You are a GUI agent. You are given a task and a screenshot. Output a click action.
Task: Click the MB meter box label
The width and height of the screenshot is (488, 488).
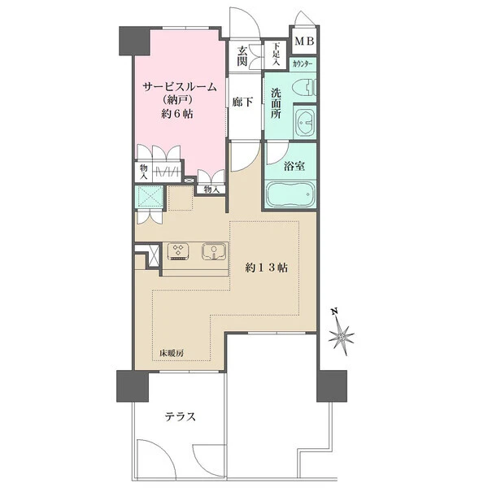pos(304,41)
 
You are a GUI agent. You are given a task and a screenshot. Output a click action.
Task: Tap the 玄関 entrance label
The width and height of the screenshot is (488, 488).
pos(242,56)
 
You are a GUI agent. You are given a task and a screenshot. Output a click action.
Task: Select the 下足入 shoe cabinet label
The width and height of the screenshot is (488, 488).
pos(276,54)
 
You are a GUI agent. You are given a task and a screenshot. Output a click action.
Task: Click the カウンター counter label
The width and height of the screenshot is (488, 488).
pos(303,64)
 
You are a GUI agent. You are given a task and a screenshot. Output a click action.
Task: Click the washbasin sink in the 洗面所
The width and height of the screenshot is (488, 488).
pos(305,122)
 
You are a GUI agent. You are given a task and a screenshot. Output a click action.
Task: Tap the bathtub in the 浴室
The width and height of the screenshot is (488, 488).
pos(290,194)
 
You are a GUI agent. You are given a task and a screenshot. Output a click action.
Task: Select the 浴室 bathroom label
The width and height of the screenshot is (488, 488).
pos(294,166)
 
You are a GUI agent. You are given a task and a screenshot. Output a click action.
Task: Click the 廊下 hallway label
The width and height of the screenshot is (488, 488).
pos(242,102)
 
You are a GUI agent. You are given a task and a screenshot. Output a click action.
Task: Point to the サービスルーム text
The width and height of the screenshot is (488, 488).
pos(180,87)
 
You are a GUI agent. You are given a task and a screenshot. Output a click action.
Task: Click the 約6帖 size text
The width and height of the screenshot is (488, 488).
pos(176,114)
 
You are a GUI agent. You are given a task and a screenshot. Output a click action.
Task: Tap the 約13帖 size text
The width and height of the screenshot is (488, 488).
pos(266,268)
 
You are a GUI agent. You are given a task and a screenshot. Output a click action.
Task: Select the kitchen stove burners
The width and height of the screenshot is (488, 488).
pos(178,251)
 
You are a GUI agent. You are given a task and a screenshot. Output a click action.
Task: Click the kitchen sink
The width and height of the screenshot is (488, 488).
pos(214,251)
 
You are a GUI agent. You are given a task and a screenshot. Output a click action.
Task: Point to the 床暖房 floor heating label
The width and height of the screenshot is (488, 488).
pos(172,354)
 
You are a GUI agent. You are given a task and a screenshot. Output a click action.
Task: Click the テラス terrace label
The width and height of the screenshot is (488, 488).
pos(181,416)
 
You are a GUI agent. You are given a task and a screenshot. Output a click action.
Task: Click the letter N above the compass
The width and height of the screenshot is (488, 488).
pos(334,312)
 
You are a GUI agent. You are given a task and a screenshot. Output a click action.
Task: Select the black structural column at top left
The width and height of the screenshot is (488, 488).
pos(134,41)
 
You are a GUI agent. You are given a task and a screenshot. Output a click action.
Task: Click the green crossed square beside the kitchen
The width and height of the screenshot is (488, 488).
pos(150,196)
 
